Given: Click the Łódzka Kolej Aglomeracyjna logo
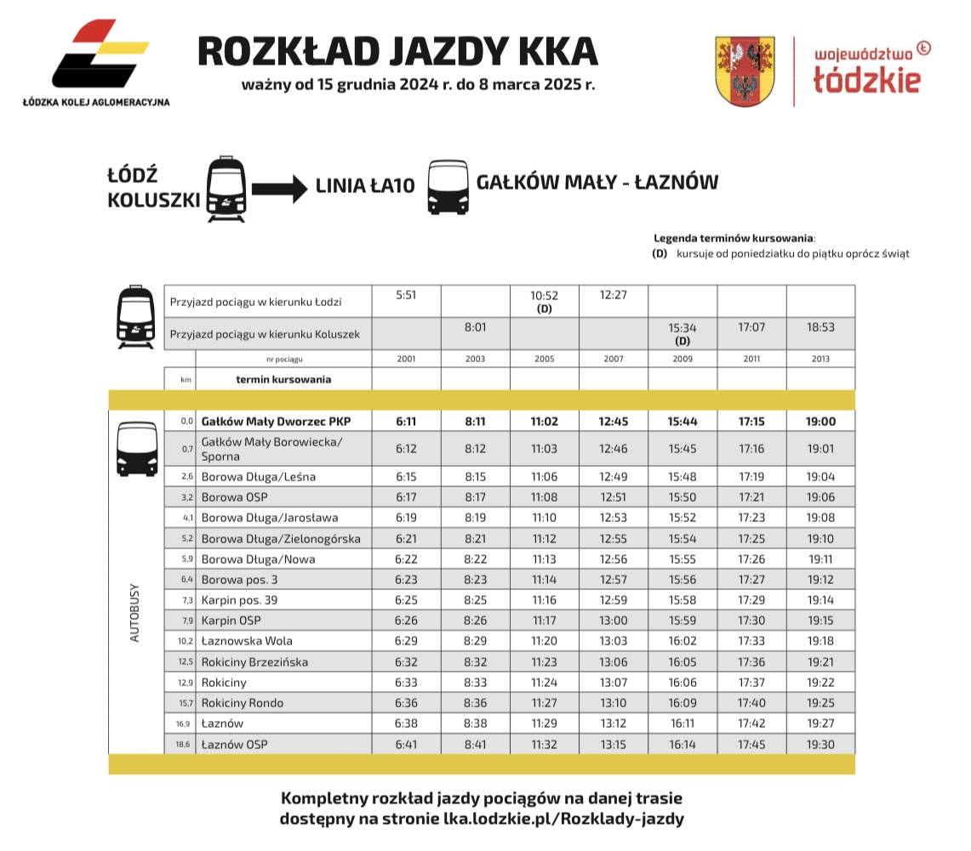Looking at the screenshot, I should pyautogui.click(x=96, y=60).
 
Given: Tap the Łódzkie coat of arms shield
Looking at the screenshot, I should pyautogui.click(x=745, y=71).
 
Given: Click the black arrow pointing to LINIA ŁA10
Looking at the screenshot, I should pyautogui.click(x=279, y=188).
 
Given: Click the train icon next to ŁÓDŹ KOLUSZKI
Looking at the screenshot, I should pyautogui.click(x=226, y=189).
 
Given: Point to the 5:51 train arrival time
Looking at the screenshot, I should pyautogui.click(x=406, y=295).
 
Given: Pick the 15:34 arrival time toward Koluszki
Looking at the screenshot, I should pyautogui.click(x=683, y=327).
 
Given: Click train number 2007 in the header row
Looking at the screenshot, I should pyautogui.click(x=613, y=359).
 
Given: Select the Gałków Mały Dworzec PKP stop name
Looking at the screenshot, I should pyautogui.click(x=276, y=421).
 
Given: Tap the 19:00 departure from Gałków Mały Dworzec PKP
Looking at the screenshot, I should pyautogui.click(x=820, y=421).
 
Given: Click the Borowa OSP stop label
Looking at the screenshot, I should pyautogui.click(x=235, y=497).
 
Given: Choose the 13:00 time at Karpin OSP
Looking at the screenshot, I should pyautogui.click(x=613, y=621).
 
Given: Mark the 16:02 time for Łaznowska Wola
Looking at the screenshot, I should pyautogui.click(x=682, y=641).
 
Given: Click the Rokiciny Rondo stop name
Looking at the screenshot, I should pyautogui.click(x=243, y=703).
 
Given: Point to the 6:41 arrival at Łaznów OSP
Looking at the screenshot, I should pyautogui.click(x=406, y=745).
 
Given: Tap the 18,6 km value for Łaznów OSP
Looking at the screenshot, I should pyautogui.click(x=186, y=745).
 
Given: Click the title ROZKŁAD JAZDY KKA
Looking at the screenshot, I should pyautogui.click(x=397, y=51).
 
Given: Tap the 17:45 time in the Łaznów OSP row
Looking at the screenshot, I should pyautogui.click(x=751, y=745).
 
